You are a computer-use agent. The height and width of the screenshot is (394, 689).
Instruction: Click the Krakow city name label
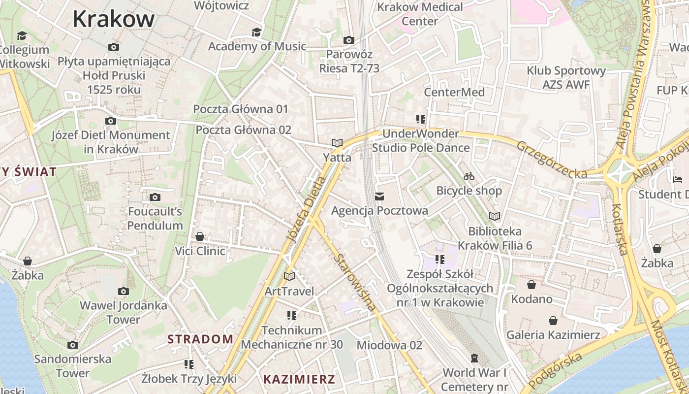coord(113,19)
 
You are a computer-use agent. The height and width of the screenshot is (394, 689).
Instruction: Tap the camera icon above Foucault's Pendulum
coord(155,197)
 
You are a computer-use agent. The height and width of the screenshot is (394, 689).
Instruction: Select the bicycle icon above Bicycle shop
coord(469,176)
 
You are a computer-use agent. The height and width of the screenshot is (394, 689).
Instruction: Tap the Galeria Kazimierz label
coord(553,335)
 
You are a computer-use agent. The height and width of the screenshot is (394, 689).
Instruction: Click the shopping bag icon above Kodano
coord(532,285)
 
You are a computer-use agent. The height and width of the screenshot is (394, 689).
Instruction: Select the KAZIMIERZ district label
coord(299,379)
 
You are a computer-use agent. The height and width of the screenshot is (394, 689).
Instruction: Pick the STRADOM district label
coord(200,339)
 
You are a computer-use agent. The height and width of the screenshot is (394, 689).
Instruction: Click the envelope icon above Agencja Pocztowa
coord(379,197)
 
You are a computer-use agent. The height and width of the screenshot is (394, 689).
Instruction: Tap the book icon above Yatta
coord(337,143)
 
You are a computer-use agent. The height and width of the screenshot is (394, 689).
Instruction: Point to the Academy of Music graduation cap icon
coord(256,32)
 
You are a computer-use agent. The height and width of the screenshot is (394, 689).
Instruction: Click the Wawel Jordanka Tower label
coord(124,312)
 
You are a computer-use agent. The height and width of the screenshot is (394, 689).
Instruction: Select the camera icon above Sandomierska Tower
coord(73,345)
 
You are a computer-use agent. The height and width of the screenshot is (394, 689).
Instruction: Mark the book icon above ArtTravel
coord(289,277)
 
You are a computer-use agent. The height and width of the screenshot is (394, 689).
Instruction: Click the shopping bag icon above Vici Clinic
coord(200,237)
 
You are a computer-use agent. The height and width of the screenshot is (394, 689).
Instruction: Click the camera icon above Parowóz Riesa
coord(349,40)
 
